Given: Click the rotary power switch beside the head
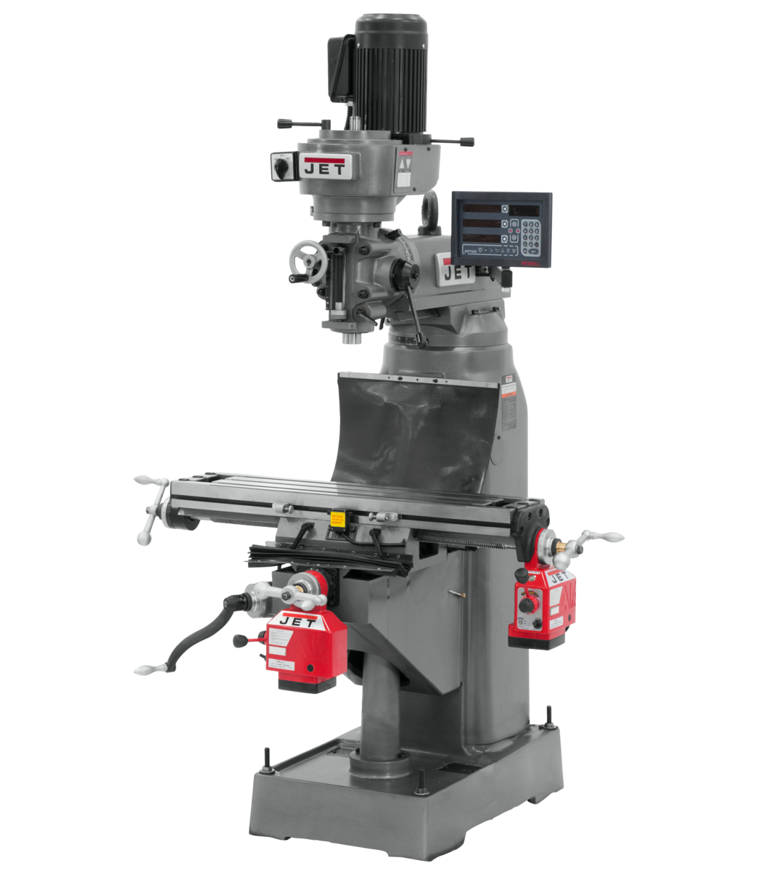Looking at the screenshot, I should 280,166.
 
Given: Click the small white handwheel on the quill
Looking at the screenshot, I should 305,261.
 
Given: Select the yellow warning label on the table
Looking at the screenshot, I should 337,518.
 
